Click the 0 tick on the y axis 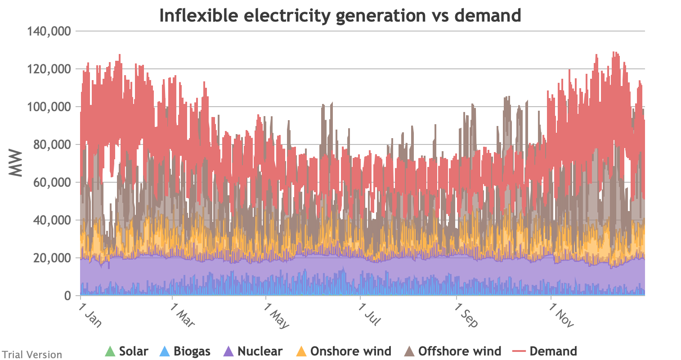pos(68,296)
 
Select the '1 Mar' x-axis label pos(182,316)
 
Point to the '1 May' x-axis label pos(277,317)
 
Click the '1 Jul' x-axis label pos(370,315)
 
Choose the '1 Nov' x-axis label pos(561,316)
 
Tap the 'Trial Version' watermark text pos(31,355)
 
